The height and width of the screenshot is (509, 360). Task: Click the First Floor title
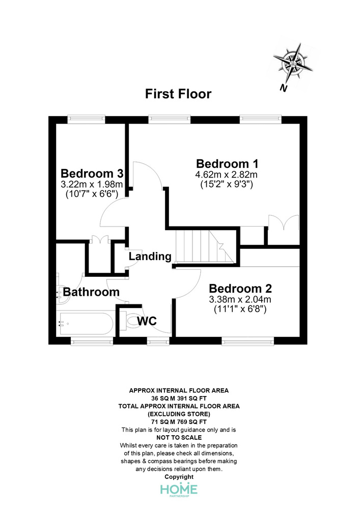point(178,94)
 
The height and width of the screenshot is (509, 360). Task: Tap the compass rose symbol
point(293,63)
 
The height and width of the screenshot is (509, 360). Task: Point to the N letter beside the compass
point(284,88)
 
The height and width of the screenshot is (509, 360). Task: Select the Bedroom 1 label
point(227,163)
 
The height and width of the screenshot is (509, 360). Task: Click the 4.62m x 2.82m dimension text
point(226,175)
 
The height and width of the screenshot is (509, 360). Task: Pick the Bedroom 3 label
point(92,173)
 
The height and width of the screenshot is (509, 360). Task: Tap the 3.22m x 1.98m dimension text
point(92,184)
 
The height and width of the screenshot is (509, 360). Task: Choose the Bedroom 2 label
point(240,288)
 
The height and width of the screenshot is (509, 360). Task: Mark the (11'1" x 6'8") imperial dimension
point(240,309)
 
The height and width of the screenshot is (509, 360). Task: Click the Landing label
point(150,257)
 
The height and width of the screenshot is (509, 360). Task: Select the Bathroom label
point(91,292)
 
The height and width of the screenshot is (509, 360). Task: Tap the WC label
point(147,321)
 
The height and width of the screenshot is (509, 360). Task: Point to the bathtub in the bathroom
point(85,323)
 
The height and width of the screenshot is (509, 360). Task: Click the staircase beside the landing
point(205,246)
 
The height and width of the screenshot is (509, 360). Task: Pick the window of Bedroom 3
point(87,119)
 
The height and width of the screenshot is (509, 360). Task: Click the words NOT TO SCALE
point(179,438)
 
